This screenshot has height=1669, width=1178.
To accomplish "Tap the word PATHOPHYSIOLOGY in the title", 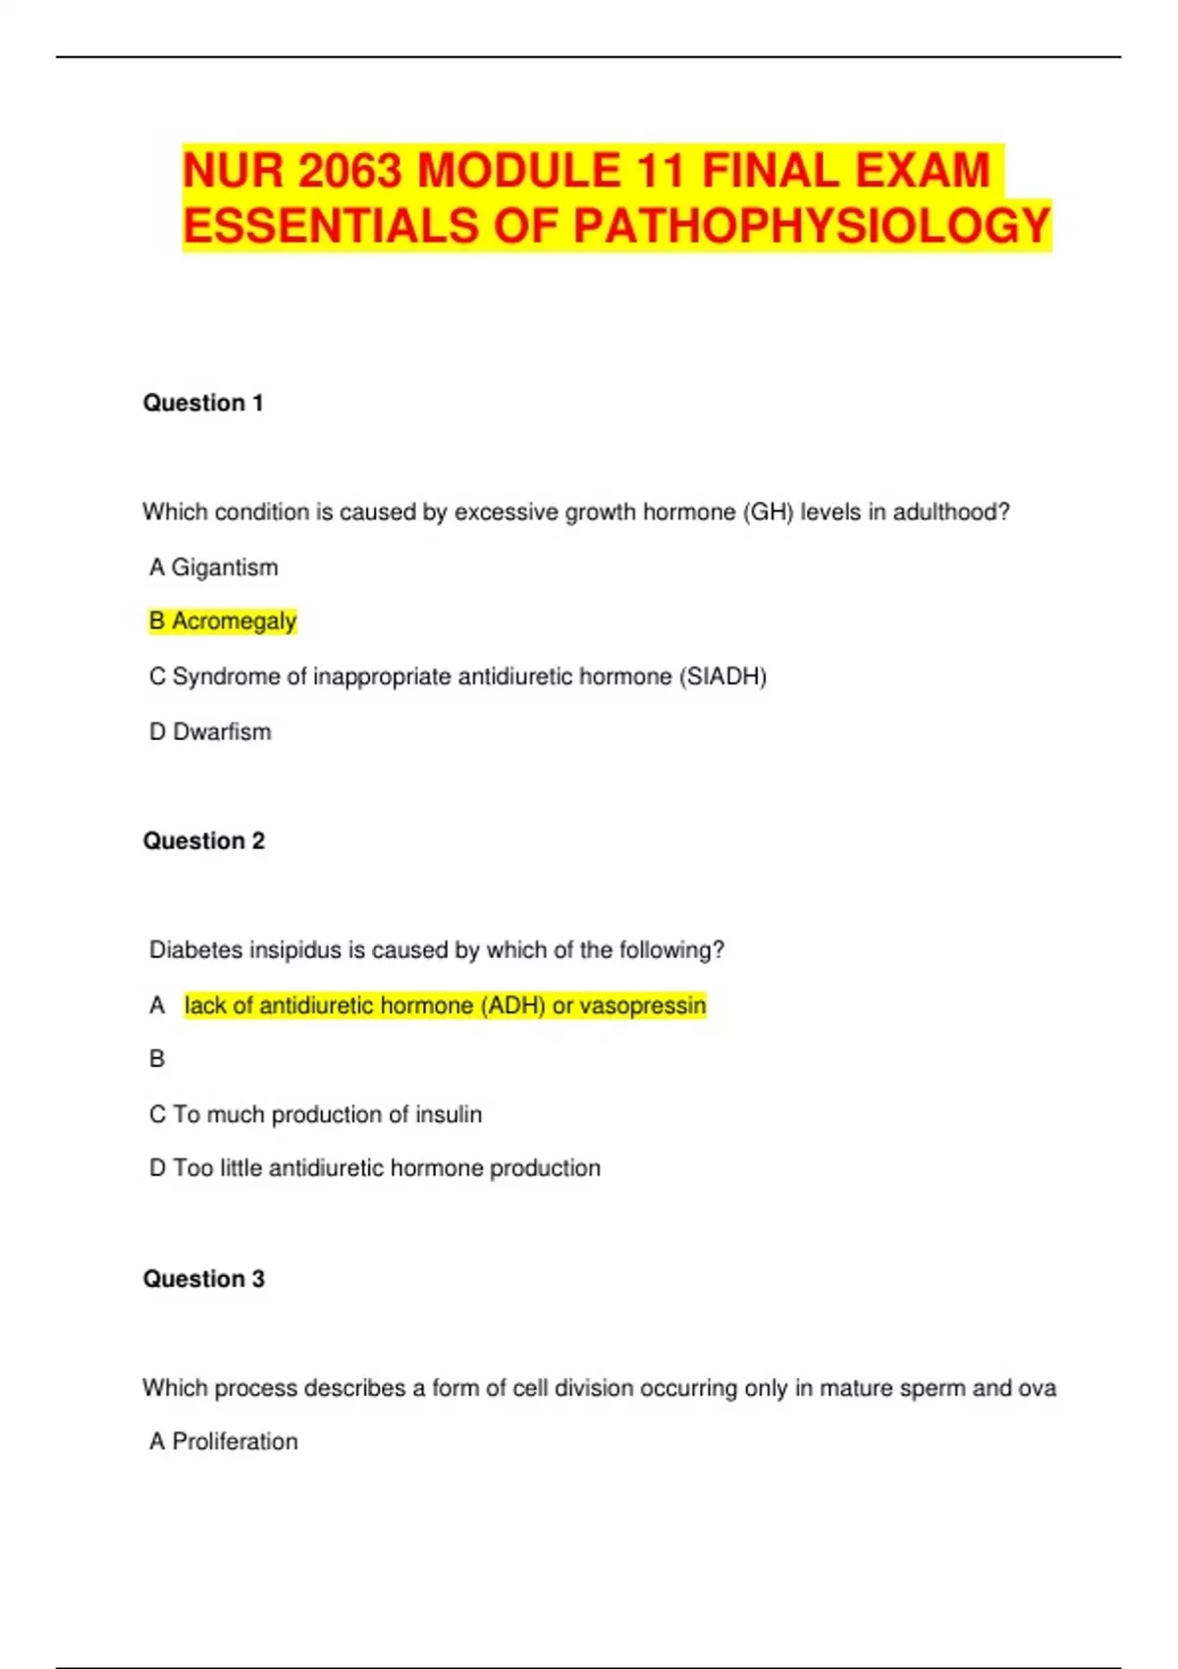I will pos(813,226).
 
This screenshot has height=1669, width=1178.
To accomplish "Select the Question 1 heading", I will pos(203,403).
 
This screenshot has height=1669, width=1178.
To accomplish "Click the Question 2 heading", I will pos(204,840).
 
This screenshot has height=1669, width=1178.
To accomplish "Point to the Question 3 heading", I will pos(204,1278).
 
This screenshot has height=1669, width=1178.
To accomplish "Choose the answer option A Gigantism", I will pos(214,567).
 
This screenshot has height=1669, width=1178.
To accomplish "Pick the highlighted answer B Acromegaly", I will pos(223,621).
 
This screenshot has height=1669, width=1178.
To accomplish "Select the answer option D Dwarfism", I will pos(210,731).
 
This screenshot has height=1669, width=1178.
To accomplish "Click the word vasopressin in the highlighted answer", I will pos(643,1005).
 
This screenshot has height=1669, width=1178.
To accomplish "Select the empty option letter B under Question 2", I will pos(157,1059).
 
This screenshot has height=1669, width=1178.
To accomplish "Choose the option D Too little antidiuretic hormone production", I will pos(375,1168).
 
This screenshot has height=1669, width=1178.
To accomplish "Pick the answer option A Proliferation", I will pos(224,1441).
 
